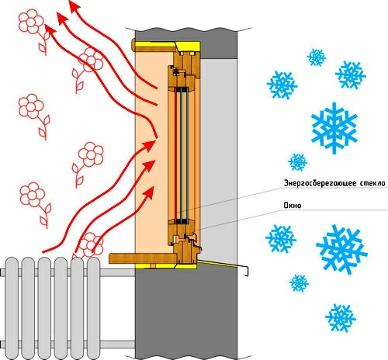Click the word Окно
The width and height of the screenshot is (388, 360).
(x=293, y=206)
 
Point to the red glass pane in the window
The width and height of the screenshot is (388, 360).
(x=175, y=155)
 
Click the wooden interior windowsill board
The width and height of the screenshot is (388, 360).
(x=143, y=258)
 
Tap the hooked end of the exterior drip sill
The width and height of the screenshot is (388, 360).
(x=247, y=271)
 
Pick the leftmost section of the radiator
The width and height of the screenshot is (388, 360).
(x=12, y=308)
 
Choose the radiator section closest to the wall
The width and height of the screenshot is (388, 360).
(x=93, y=308)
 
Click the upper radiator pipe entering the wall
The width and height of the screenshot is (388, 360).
(x=117, y=272)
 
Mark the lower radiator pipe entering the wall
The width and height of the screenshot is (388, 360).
(x=117, y=344)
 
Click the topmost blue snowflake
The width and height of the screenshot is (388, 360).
(x=317, y=57)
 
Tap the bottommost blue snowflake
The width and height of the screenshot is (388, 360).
(x=341, y=318)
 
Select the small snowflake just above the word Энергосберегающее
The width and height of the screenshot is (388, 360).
(x=297, y=162)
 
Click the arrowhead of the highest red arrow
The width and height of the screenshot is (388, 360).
(x=74, y=5)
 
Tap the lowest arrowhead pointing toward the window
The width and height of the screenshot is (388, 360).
(x=148, y=192)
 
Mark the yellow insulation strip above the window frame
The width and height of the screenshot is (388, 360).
(x=168, y=46)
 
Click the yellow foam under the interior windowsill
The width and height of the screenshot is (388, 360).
(x=165, y=266)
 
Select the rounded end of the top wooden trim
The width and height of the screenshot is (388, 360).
(x=133, y=45)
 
